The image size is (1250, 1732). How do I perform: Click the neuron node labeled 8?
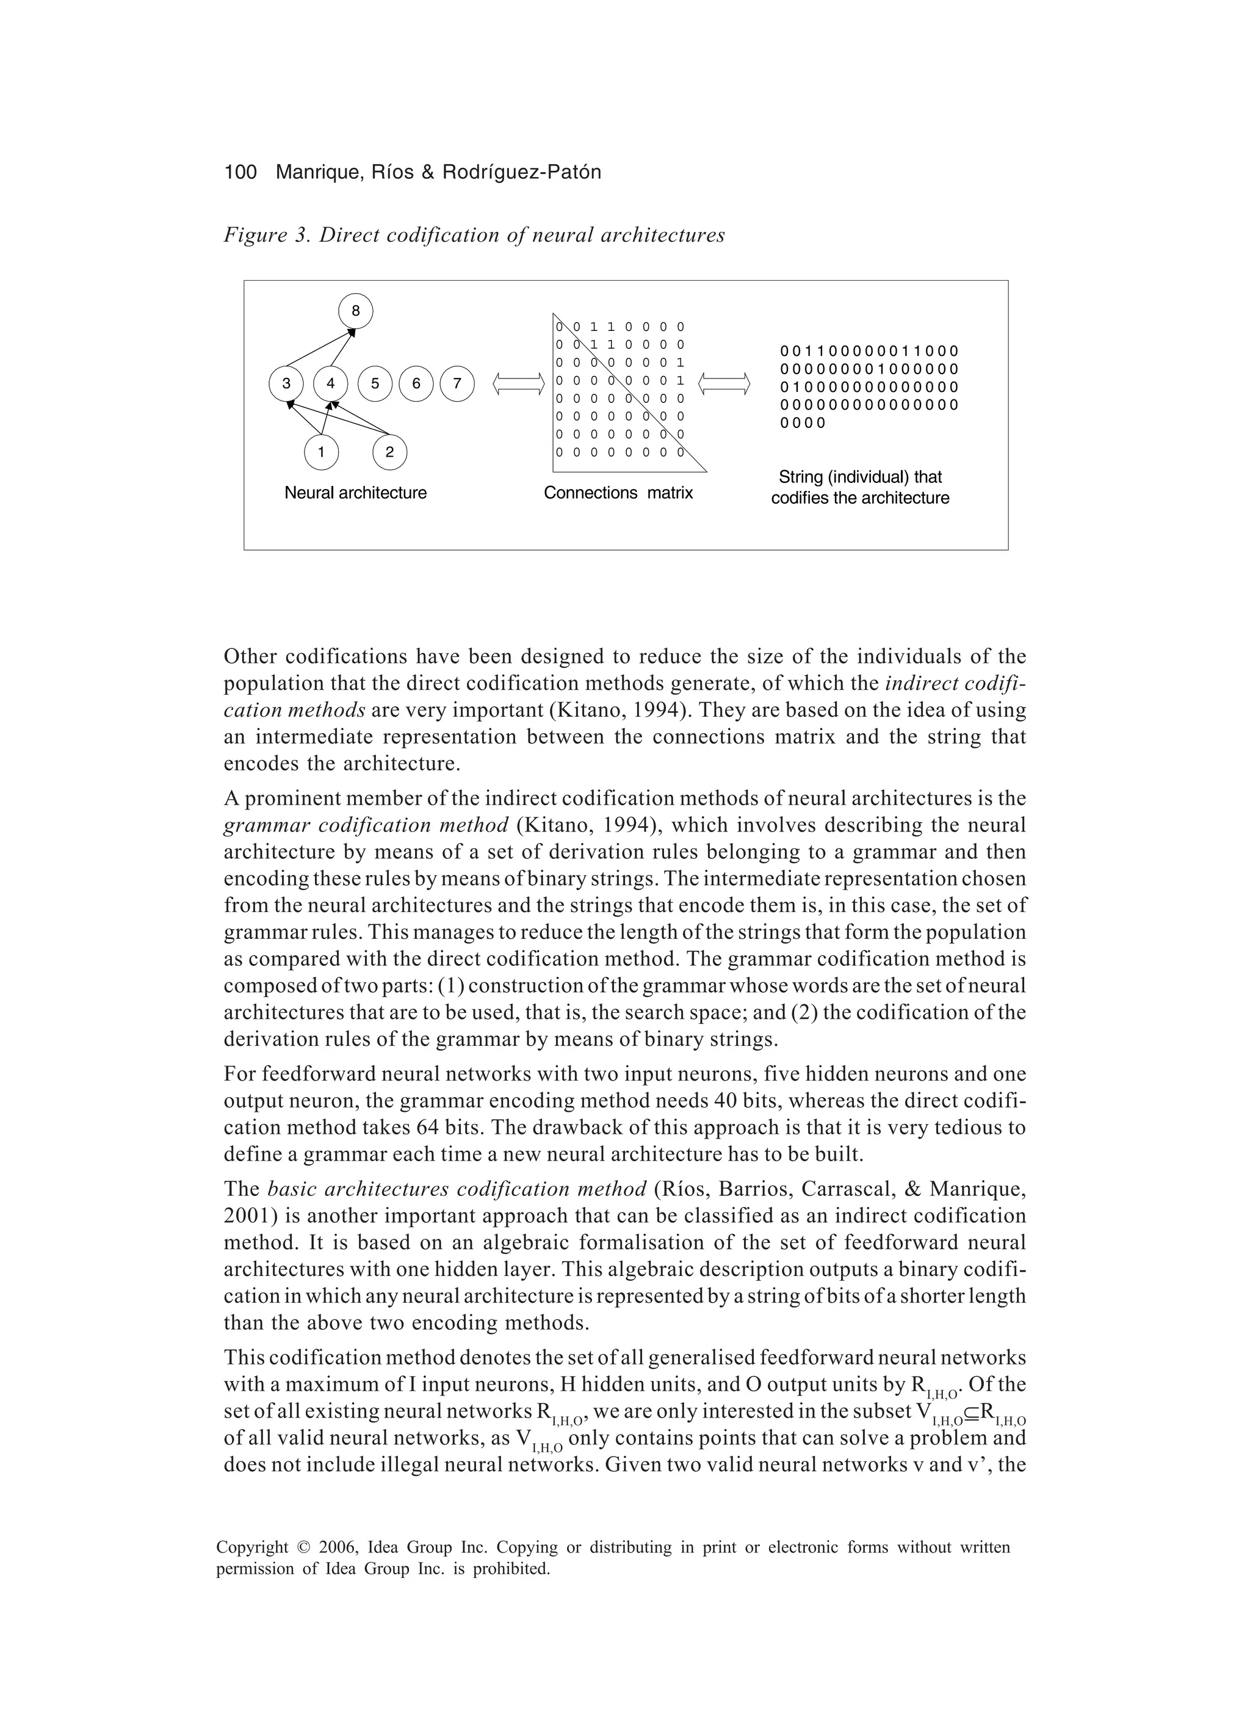pos(355,311)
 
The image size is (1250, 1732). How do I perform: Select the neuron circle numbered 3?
pos(286,384)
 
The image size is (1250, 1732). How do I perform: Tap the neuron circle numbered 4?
pos(331,384)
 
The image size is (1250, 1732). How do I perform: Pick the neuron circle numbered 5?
pos(375,384)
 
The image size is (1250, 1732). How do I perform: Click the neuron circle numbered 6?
pos(416,384)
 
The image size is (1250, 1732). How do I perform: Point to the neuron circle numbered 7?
pos(457,384)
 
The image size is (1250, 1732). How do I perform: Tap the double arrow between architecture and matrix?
pos(519,384)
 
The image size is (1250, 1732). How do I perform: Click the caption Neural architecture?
pos(355,493)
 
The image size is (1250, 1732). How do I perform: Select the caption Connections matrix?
pos(618,493)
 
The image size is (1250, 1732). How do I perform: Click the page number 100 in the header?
pos(240,173)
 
